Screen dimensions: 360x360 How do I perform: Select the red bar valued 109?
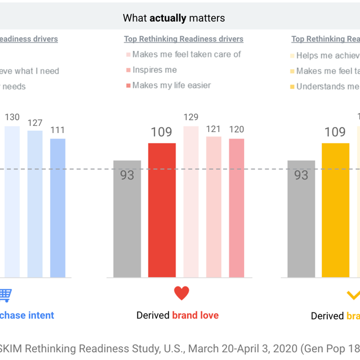[x=162, y=210]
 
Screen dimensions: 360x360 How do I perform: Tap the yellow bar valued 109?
[x=335, y=210]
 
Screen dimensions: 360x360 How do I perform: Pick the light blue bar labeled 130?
[x=12, y=202]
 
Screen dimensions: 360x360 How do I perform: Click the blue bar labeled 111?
[x=57, y=208]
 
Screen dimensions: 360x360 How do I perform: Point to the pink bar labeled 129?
[x=191, y=202]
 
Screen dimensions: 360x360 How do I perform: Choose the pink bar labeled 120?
[x=236, y=208]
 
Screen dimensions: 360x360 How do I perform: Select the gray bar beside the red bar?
[x=127, y=219]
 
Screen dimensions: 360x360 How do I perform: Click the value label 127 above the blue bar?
[x=35, y=123]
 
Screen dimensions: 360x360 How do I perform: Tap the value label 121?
[x=214, y=129]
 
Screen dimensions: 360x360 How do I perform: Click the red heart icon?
[x=182, y=293]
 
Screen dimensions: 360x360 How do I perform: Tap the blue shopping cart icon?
[x=5, y=295]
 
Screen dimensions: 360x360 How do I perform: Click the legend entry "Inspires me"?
[x=155, y=70]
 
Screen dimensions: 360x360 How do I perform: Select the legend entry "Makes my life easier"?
[x=171, y=86]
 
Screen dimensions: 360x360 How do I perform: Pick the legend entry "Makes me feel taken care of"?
[x=187, y=55]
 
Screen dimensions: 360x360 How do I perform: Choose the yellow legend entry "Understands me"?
[x=327, y=87]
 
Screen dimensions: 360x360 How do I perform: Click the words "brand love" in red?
[x=195, y=315]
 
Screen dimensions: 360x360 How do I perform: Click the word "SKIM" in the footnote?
[x=10, y=348]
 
